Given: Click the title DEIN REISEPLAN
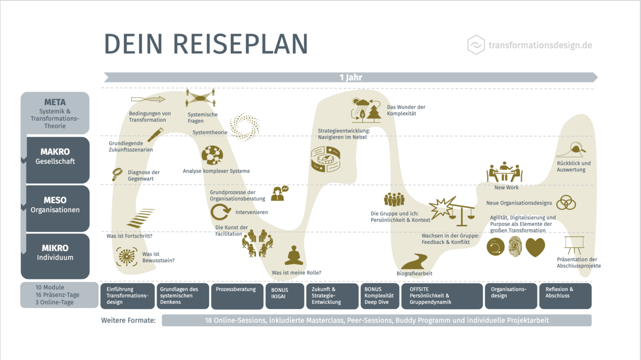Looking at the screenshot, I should point(206,44).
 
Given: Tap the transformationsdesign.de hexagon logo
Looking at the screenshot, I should point(476,45).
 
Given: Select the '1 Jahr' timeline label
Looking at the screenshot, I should point(350,77).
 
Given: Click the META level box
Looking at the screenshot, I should point(54,113).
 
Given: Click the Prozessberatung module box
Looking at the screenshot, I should point(237,295).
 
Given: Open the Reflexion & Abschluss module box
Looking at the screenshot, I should point(565,295).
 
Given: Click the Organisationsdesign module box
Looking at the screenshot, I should point(511,295).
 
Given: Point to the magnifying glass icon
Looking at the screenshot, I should point(118,174).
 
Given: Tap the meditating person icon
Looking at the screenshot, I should point(293,256).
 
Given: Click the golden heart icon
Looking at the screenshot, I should point(535,247).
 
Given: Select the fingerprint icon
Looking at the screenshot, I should point(515,247).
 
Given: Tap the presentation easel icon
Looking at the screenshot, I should point(574,245).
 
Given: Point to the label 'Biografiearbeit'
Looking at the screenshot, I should point(415,273).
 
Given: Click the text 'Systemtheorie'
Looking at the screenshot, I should point(210,132).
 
